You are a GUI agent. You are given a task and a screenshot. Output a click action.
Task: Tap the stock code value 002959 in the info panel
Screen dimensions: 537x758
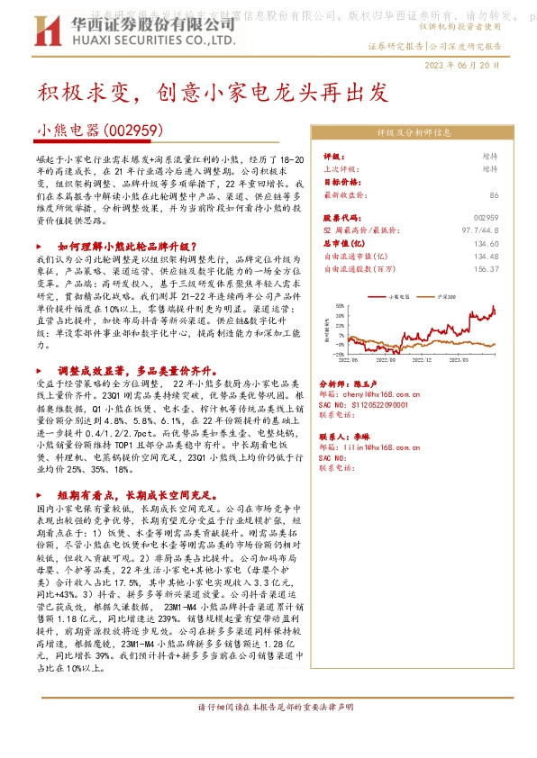coord(485,219)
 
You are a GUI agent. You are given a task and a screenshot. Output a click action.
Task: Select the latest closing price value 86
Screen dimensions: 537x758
coord(493,194)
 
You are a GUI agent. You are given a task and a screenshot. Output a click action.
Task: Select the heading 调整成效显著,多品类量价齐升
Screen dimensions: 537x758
coord(128,370)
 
